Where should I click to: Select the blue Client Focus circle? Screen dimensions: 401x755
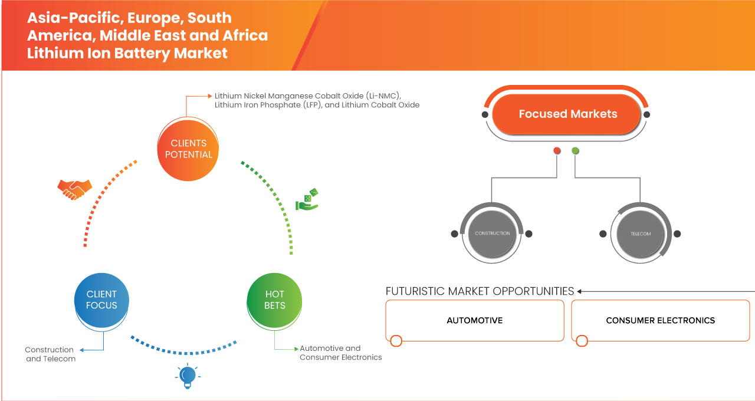101,300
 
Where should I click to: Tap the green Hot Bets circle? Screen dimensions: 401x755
274,300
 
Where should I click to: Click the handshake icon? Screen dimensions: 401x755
74,189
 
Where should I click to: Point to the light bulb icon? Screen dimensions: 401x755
188,376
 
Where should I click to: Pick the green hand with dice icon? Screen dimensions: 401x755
307,199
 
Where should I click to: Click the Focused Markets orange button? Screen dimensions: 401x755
567,114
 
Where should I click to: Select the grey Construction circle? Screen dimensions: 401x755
492,234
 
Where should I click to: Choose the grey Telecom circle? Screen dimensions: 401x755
641,234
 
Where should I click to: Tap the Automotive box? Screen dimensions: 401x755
475,320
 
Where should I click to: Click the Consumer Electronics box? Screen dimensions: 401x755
660,320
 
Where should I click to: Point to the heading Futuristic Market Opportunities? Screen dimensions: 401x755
480,291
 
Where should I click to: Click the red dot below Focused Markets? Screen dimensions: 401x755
556,151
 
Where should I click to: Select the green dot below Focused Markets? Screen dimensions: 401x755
575,151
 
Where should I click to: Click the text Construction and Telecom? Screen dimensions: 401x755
50,354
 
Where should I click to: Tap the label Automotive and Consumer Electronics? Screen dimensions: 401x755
340,353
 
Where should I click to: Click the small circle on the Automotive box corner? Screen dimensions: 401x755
396,340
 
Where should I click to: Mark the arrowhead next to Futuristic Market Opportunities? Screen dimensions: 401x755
580,291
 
